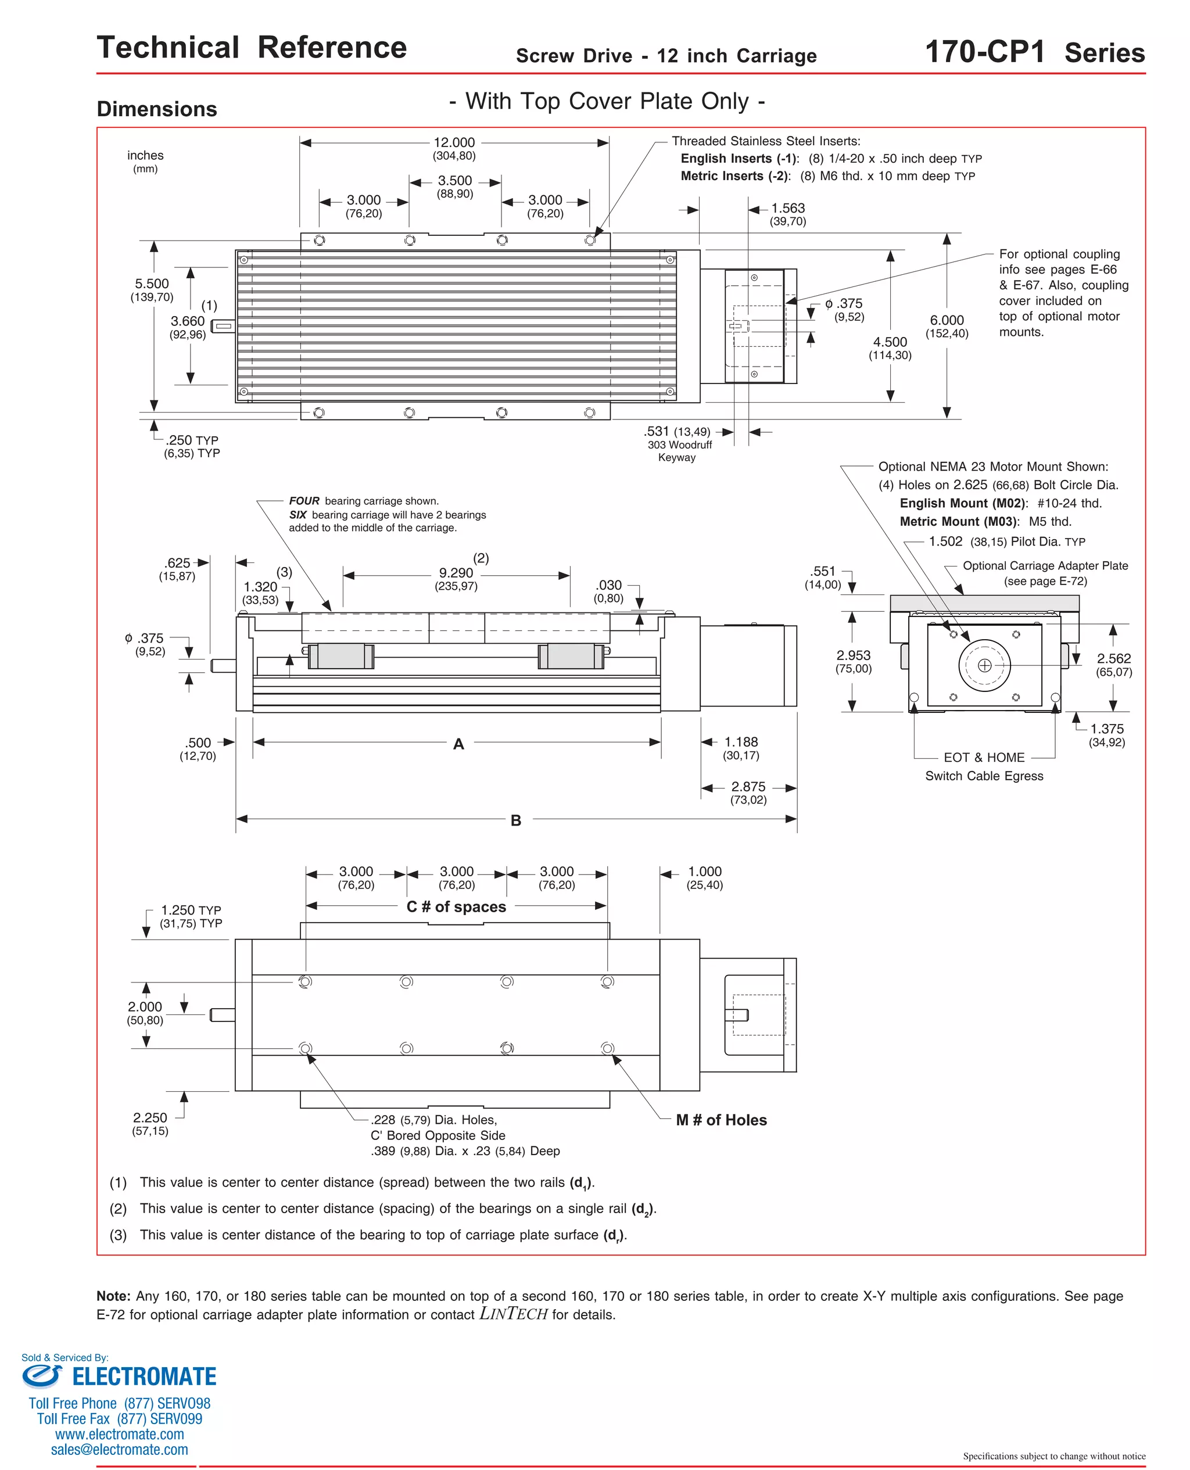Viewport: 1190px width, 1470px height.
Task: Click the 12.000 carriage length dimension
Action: [x=454, y=142]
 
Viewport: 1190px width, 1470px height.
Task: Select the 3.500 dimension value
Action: [x=454, y=181]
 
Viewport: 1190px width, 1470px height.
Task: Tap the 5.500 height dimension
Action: [x=152, y=284]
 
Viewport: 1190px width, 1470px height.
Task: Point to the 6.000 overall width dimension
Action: [x=947, y=321]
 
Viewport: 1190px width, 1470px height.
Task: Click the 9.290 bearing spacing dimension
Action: [x=456, y=573]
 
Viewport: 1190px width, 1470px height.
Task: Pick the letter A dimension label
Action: [x=458, y=744]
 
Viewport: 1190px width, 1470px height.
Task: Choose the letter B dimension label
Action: [x=515, y=820]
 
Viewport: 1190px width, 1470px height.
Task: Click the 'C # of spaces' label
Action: [x=456, y=906]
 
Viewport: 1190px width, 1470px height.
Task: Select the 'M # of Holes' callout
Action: [x=721, y=1120]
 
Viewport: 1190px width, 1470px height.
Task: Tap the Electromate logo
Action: [x=119, y=1376]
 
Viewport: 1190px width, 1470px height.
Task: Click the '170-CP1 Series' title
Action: [x=1034, y=52]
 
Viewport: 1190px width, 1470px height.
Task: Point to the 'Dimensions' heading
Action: [x=157, y=109]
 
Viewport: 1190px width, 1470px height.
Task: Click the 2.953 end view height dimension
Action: [x=854, y=656]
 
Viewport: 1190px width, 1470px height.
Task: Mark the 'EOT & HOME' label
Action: [x=984, y=757]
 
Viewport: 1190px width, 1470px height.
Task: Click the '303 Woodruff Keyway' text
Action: [x=679, y=451]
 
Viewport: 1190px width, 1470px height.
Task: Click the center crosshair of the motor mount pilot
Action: [x=984, y=665]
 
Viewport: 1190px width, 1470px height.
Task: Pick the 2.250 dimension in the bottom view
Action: [x=150, y=1118]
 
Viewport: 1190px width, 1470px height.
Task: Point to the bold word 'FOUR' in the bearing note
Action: [x=304, y=501]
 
